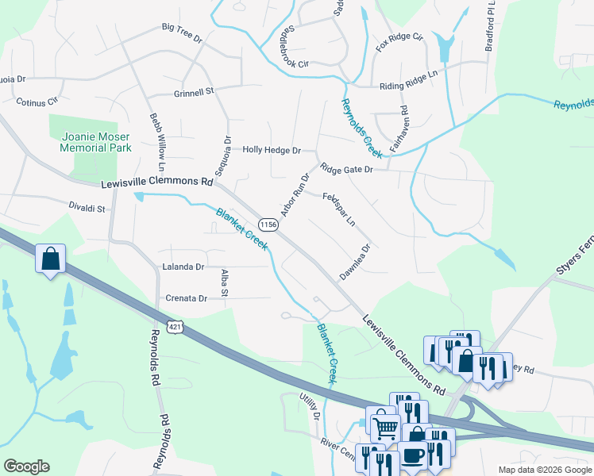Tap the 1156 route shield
point(268,225)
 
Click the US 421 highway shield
point(175,326)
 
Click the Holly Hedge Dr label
point(272,149)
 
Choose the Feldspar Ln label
point(339,208)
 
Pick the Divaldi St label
point(87,209)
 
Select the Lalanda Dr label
point(183,267)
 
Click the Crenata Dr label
point(186,298)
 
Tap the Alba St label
point(225,282)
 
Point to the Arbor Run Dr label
point(294,195)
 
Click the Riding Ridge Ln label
point(409,75)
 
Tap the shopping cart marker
point(385,427)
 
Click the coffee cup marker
point(412,455)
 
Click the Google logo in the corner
point(26,466)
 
